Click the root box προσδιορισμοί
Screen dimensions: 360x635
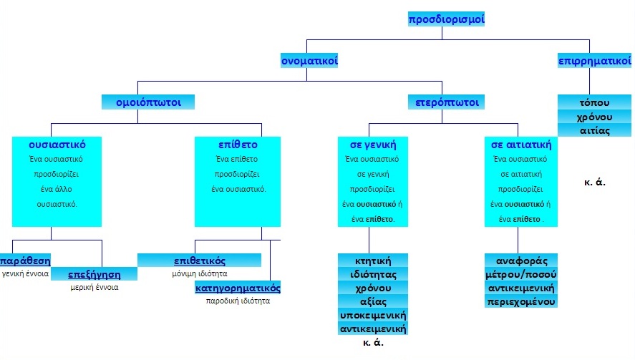pos(447,19)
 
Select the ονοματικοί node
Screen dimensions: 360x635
pos(309,61)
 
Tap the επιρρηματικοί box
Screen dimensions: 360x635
pos(593,61)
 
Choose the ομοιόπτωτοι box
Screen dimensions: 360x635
pos(148,102)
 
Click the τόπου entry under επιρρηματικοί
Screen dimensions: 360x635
pos(593,102)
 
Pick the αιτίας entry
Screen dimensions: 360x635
pos(593,130)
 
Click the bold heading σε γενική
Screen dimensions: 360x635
pos(372,144)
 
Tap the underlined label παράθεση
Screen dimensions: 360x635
pos(26,260)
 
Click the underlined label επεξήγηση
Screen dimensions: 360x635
pos(94,274)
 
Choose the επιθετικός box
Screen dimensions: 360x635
pos(200,260)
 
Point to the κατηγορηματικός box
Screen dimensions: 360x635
pos(238,288)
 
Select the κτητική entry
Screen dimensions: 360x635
pos(372,260)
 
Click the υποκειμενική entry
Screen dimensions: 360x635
pos(372,316)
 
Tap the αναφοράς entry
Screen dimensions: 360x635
pos(520,260)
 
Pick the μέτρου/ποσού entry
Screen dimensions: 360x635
pos(520,274)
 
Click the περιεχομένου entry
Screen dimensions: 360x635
pos(520,301)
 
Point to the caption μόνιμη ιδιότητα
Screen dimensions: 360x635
pos(200,273)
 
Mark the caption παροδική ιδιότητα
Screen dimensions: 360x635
pos(238,301)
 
